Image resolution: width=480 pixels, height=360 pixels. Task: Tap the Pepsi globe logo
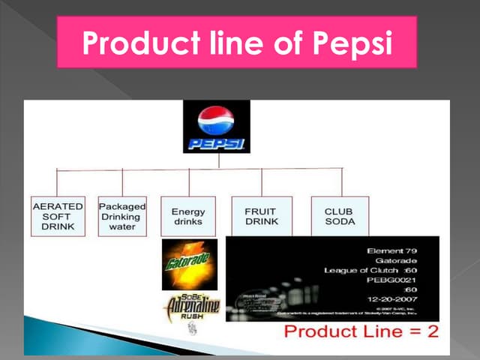click(x=216, y=120)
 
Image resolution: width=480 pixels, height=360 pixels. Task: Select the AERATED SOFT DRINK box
click(x=58, y=215)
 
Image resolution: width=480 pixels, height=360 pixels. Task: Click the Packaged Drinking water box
click(x=122, y=215)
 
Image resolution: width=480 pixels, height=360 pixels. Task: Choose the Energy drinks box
click(x=187, y=216)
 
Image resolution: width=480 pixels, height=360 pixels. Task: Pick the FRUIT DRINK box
click(x=261, y=216)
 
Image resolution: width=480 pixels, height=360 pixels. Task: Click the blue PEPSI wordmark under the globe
click(x=216, y=142)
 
